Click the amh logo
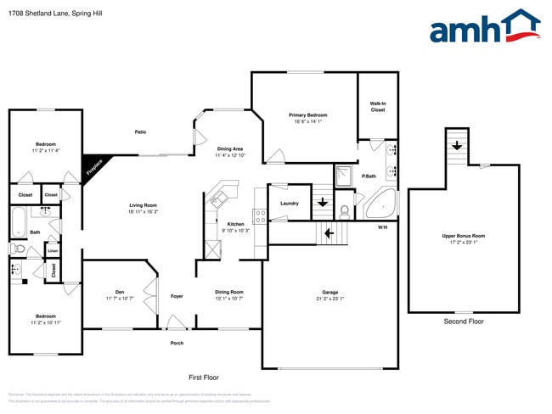[484, 27]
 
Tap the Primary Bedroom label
[307, 115]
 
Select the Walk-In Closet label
[378, 107]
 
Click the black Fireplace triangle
[92, 165]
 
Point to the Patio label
[141, 131]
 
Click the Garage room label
[330, 294]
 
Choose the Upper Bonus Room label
[464, 235]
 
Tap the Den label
[120, 293]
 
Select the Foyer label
[177, 296]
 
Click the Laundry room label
[290, 203]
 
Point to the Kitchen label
[235, 224]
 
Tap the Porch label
[177, 343]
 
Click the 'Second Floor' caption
[464, 322]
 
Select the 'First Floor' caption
[203, 376]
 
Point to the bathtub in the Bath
[19, 225]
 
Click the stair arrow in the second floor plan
[457, 145]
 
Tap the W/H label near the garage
[382, 227]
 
